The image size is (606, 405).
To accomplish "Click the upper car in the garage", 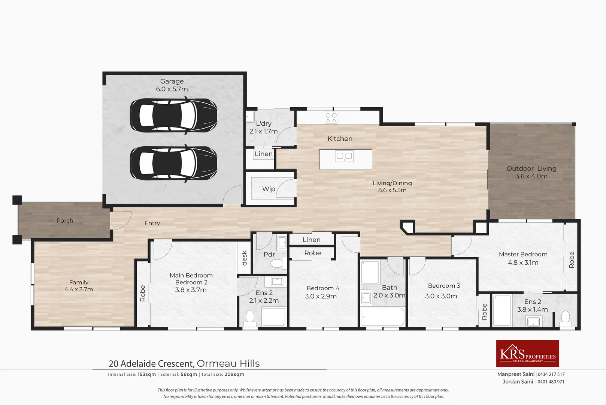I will click(x=174, y=115).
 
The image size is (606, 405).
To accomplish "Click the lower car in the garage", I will click(x=174, y=163).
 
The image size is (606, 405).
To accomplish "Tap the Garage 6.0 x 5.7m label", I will click(x=172, y=85).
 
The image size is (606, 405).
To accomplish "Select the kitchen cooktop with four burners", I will click(x=331, y=117).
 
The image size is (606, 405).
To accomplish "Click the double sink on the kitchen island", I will click(x=344, y=156).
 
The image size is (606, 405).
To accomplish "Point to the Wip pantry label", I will click(x=269, y=189).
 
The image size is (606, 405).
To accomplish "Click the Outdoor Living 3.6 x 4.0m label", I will click(x=531, y=172).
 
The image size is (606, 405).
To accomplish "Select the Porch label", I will click(x=65, y=220).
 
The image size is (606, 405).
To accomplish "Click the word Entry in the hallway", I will click(x=152, y=223).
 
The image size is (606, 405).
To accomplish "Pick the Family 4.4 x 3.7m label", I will click(x=79, y=286).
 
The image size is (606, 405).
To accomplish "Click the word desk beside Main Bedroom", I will click(x=245, y=258).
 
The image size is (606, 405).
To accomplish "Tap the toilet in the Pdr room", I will click(x=277, y=263).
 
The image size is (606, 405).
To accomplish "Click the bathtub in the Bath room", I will click(x=382, y=316).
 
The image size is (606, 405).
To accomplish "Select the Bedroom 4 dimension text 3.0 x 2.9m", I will click(x=321, y=296).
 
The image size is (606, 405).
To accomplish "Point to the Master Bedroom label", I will click(x=523, y=254).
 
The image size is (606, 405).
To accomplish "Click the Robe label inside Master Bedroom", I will click(x=572, y=260).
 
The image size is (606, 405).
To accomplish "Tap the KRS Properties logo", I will click(x=527, y=353).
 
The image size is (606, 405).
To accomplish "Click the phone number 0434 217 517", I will click(x=551, y=374).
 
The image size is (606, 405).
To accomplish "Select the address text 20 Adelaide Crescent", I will click(x=151, y=363).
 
